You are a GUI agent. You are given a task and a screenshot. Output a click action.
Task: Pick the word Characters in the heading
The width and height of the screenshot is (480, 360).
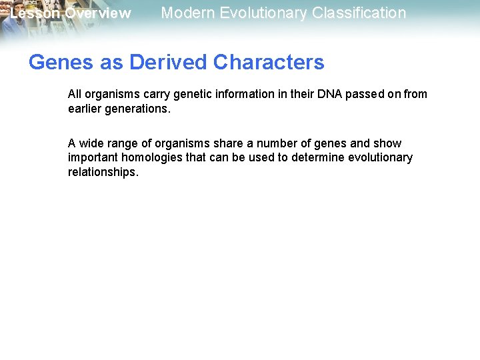pyautogui.click(x=269, y=62)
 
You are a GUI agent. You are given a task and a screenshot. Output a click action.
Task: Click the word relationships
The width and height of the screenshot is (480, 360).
pyautogui.click(x=103, y=172)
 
